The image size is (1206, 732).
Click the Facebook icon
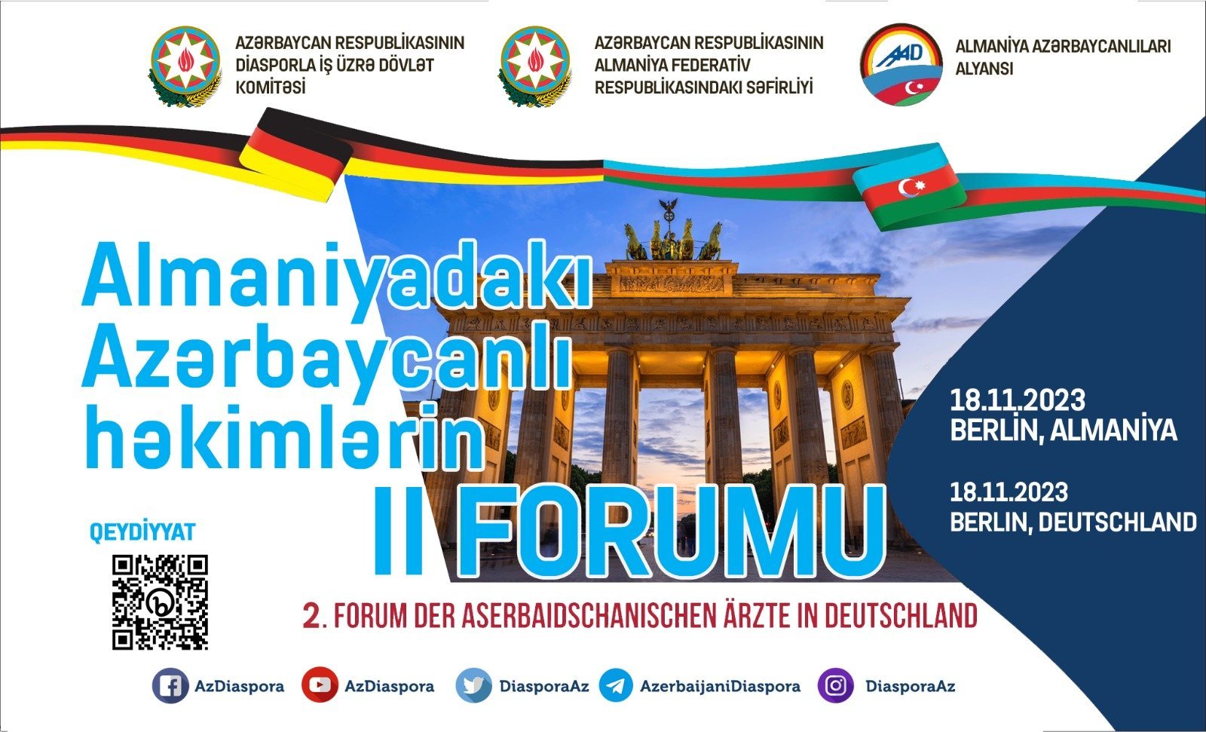coord(170,685)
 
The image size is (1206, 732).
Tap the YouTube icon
coord(320,685)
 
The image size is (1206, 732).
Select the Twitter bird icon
coord(473,685)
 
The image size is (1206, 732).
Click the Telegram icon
coord(615,685)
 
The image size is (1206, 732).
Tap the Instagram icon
coord(835,685)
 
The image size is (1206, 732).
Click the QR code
coord(160,602)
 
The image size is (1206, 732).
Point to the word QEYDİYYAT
coord(142,532)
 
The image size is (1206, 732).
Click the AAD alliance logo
coord(901,64)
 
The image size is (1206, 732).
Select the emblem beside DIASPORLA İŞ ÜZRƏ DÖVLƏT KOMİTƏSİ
coord(185,65)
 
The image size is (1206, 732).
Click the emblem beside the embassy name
coord(534,65)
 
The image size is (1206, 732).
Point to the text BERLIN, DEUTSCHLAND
coord(1073,522)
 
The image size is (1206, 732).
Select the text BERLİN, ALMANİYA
coord(1064,430)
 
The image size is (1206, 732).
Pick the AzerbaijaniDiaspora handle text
coord(720,686)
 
